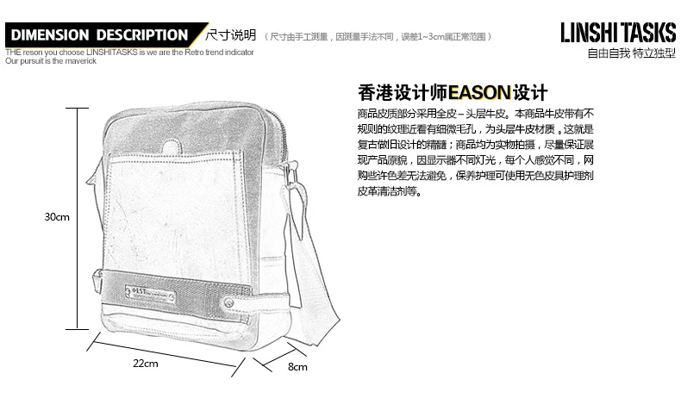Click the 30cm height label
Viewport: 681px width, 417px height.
[x=57, y=217]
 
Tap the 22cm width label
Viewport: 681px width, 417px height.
[x=145, y=363]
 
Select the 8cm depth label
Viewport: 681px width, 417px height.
[x=297, y=366]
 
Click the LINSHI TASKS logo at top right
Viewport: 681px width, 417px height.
[x=617, y=33]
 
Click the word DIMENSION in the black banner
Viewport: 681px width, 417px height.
[x=51, y=35]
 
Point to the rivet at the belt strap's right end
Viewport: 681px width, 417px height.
[x=231, y=302]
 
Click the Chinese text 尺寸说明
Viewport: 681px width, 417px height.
[x=232, y=35]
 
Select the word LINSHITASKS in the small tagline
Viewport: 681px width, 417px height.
[x=112, y=53]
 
